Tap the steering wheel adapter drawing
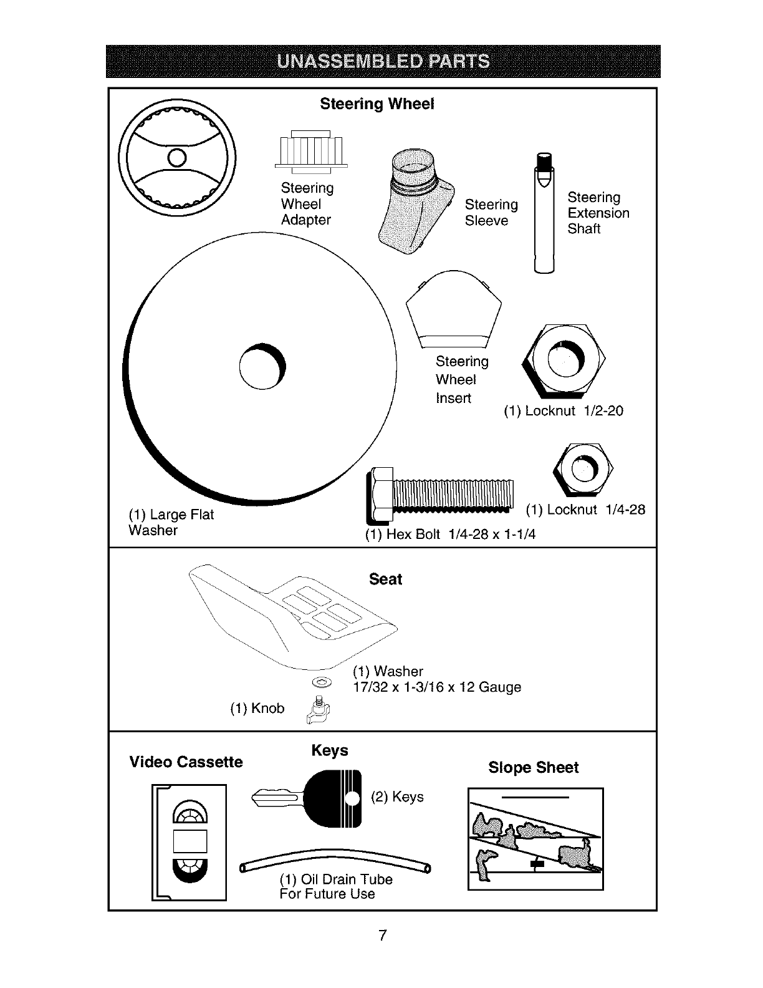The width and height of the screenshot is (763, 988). pos(311,152)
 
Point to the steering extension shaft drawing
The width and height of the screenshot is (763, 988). pos(544,215)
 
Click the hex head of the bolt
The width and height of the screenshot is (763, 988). pos(378,495)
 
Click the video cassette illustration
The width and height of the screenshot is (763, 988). pos(189,842)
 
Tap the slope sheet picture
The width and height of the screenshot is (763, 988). pos(535,839)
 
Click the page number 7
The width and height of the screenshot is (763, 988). pos(382,935)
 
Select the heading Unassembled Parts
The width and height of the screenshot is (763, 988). pos(383,61)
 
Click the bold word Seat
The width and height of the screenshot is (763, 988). pos(385,579)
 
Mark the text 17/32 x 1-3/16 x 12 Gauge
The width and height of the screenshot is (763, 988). pos(436,687)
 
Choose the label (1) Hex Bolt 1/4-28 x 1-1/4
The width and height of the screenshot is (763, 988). pos(450,535)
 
